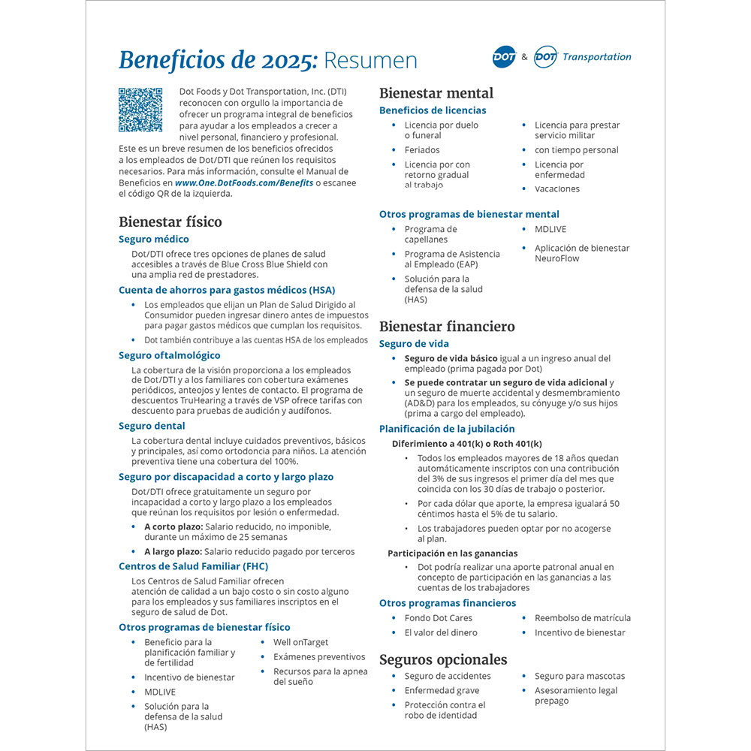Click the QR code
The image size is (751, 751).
140,110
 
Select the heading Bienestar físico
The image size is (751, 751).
170,222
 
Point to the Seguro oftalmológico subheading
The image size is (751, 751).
170,355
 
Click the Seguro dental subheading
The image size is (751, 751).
152,426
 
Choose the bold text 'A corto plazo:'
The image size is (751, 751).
173,527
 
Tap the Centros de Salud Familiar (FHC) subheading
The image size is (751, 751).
193,566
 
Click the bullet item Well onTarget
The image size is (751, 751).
300,642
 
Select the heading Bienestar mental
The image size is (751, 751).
436,93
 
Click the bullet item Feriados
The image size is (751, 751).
422,150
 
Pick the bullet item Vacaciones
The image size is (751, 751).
557,189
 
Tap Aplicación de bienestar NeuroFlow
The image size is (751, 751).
581,253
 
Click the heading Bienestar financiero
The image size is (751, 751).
447,327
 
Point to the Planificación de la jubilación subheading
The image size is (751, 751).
447,429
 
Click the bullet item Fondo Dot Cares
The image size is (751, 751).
439,618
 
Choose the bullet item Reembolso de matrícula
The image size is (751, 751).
582,618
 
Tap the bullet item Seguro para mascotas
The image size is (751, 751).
579,676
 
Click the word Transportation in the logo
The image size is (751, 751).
596,57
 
